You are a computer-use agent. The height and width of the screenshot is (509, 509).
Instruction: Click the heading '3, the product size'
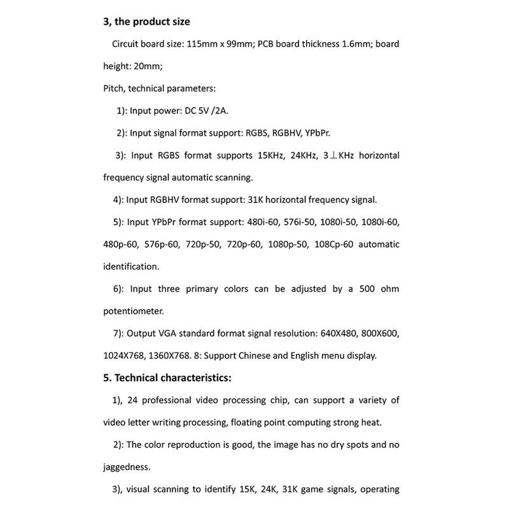(146, 22)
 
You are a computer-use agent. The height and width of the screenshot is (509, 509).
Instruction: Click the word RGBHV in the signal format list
(290, 133)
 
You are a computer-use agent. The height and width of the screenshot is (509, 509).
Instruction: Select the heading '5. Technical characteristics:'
(167, 378)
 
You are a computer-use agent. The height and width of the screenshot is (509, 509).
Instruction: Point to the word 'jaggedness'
(127, 467)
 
